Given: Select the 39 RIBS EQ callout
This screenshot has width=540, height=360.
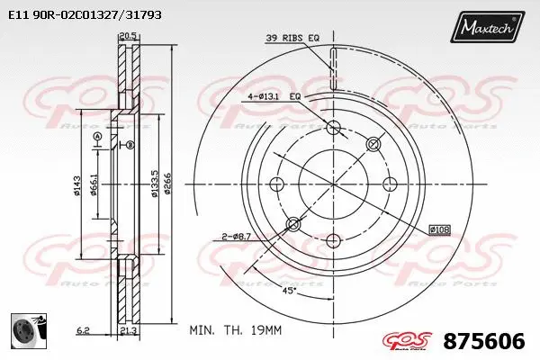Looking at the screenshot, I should pos(292,38).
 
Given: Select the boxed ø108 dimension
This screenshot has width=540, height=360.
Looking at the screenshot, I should pos(439,229).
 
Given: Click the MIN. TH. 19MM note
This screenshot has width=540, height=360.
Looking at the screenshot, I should pos(236,331).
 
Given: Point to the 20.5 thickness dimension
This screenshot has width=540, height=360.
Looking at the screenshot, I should pos(127,37).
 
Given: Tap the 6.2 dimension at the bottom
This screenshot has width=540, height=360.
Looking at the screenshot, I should pos(83,331).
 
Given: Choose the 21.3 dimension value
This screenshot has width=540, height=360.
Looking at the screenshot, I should pos(127,331).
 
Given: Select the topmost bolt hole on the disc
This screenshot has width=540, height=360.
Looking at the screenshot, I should pos(334,127).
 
